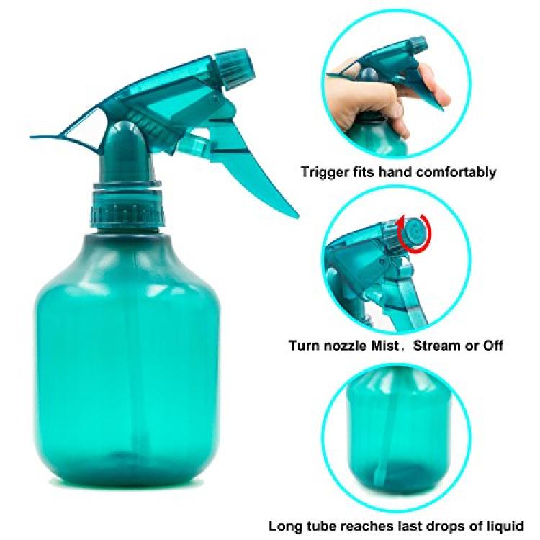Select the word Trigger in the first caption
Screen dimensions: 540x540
click(325, 171)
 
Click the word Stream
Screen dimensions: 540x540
click(436, 345)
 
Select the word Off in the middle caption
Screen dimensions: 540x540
click(492, 345)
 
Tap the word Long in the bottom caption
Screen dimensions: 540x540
click(286, 526)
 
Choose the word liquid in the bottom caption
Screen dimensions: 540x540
click(503, 526)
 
